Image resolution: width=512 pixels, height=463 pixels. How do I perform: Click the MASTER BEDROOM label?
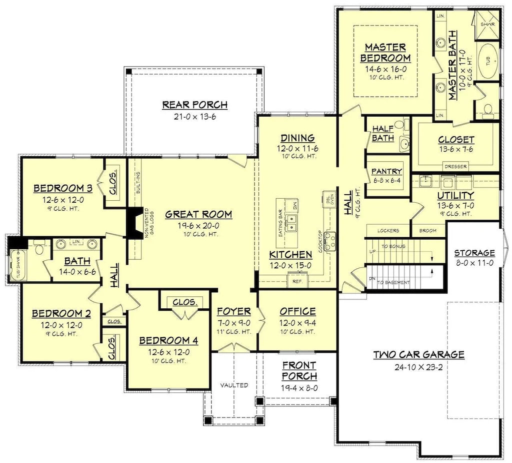(384, 52)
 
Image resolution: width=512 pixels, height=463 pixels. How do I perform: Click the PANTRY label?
(386, 172)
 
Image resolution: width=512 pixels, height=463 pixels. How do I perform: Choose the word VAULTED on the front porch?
(234, 385)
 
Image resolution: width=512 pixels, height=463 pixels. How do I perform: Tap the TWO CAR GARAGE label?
(419, 354)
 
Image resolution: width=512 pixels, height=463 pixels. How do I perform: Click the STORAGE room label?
(474, 253)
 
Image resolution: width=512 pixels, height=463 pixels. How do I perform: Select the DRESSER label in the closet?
(455, 166)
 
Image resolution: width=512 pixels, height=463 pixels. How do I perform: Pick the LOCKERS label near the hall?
(388, 231)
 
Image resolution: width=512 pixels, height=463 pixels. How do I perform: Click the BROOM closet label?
(428, 231)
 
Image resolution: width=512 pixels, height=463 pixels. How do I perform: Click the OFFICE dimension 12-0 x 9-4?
(297, 322)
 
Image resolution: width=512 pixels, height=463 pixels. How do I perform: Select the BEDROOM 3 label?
(62, 188)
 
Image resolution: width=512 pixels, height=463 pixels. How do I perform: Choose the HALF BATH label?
(383, 133)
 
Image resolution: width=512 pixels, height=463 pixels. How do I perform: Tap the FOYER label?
(233, 311)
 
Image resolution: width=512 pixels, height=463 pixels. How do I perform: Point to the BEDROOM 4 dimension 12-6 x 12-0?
(168, 351)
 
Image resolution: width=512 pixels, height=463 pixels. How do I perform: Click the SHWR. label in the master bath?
(487, 24)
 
